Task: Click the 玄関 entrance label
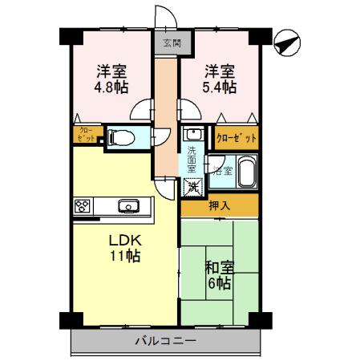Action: pyautogui.click(x=171, y=43)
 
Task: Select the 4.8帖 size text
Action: pyautogui.click(x=111, y=86)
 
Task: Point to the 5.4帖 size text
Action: pyautogui.click(x=219, y=86)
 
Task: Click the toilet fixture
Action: pyautogui.click(x=121, y=137)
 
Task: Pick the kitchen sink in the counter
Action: pyautogui.click(x=128, y=206)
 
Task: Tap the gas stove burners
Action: pyautogui.click(x=83, y=206)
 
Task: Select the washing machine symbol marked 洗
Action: pyautogui.click(x=192, y=189)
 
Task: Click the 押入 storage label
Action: pyautogui.click(x=219, y=206)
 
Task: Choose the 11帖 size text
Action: pyautogui.click(x=126, y=257)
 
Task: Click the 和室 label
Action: pyautogui.click(x=218, y=269)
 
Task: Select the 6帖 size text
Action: pyautogui.click(x=218, y=285)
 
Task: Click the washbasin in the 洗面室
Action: pyautogui.click(x=192, y=136)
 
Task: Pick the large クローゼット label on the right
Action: pyautogui.click(x=237, y=138)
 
